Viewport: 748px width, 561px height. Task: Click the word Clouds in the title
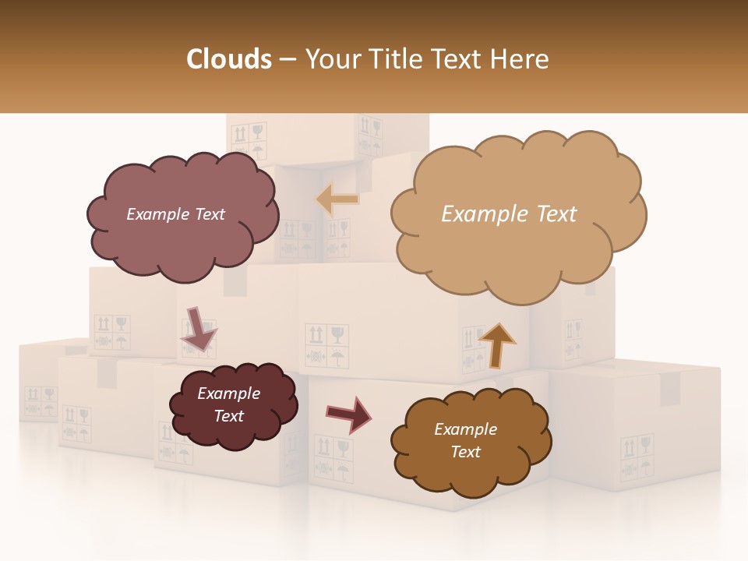coord(228,59)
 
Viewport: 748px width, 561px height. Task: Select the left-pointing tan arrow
coord(338,199)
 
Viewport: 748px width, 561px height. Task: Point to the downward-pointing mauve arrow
coord(199,328)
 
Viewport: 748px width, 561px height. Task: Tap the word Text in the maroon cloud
coord(229,416)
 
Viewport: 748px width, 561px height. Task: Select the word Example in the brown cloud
coord(465,429)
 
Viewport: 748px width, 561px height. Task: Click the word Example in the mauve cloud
coord(157,214)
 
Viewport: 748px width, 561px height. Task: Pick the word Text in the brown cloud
coord(465,452)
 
